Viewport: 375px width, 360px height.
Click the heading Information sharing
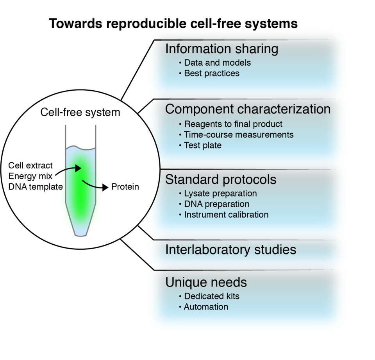[x=221, y=49]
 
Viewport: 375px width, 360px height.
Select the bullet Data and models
[x=217, y=63]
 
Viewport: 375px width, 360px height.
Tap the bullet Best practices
[x=211, y=73]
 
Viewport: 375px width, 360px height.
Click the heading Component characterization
[x=248, y=109]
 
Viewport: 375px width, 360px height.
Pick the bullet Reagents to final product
[x=233, y=124]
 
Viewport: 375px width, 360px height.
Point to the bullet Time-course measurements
[x=238, y=134]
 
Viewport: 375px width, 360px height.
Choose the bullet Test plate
[x=202, y=145]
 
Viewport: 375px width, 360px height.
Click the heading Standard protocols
[x=221, y=179]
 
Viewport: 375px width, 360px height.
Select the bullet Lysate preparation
[x=220, y=193]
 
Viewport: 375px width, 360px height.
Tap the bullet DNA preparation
[x=216, y=204]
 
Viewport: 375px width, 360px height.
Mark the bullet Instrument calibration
[x=226, y=215]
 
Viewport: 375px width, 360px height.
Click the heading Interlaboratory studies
[x=230, y=249]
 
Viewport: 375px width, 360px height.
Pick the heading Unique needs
[x=206, y=282]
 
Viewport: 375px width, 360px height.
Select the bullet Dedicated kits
[x=211, y=296]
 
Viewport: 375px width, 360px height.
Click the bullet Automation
[x=206, y=307]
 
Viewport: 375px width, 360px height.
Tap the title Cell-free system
[x=80, y=113]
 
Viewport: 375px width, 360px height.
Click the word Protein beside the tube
[x=125, y=187]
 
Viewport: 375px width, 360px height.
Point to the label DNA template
[x=36, y=187]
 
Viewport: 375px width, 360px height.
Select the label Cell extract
[x=30, y=166]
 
